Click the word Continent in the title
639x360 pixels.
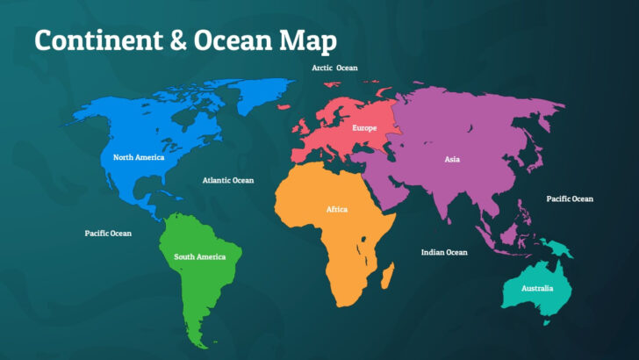98,40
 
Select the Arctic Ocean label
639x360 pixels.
334,68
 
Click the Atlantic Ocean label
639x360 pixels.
227,180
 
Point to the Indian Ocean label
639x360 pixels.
444,252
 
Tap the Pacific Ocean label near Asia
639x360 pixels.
570,198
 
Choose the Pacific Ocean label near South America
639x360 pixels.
108,234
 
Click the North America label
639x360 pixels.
138,158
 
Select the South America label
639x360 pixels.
199,256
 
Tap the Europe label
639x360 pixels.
364,128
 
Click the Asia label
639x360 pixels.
452,160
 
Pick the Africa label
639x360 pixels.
337,210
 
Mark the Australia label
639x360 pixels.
537,288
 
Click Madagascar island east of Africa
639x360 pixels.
387,277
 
